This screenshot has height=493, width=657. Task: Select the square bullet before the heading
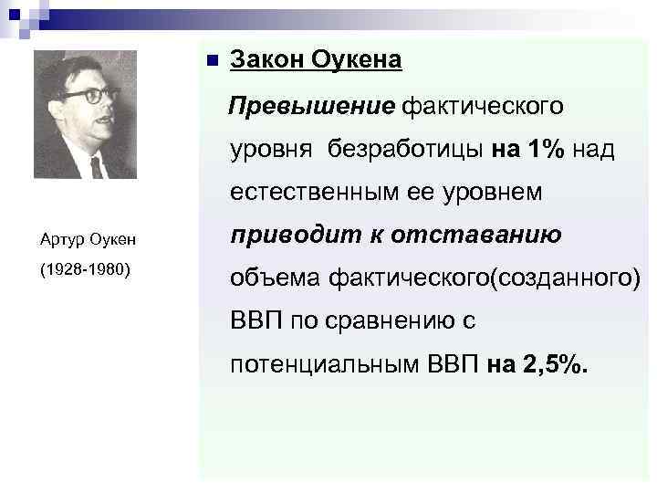[210, 62]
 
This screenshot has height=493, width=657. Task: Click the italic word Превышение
[311, 106]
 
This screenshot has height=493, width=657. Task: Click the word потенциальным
[325, 366]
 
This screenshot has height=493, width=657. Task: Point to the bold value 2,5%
[557, 366]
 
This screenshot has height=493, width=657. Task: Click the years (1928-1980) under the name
[87, 272]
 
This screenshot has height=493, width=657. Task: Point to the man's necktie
[96, 166]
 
